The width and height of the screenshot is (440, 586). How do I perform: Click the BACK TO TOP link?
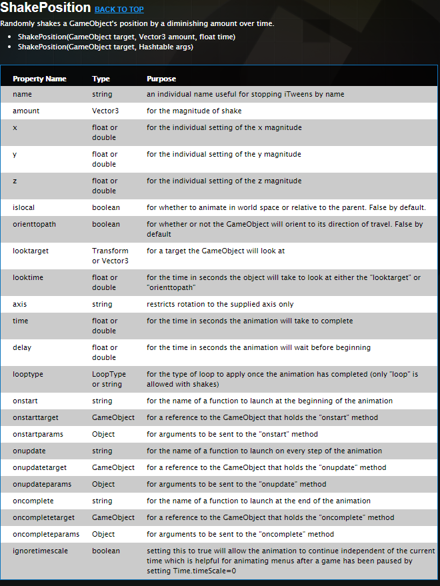tap(119, 10)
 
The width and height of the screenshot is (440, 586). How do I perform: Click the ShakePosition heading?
tap(45, 8)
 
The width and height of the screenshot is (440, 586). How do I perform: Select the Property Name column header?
tap(39, 79)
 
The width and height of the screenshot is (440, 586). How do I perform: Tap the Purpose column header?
tap(161, 79)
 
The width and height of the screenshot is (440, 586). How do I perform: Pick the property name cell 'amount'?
tap(26, 111)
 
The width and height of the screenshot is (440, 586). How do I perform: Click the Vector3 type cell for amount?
tap(105, 111)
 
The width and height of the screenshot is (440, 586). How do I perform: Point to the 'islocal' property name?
tap(24, 207)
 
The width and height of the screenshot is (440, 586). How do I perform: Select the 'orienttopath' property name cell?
tap(34, 224)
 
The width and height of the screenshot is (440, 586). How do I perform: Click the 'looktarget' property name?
tap(31, 251)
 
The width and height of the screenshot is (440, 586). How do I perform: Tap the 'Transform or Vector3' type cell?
tap(110, 255)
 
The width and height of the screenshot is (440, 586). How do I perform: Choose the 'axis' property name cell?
tap(20, 304)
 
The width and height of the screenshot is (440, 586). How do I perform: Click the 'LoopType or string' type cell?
tap(109, 379)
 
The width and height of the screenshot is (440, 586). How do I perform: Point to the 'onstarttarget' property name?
tap(35, 417)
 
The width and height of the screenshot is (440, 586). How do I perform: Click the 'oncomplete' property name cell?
tap(33, 501)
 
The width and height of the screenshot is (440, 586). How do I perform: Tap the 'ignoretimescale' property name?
tap(40, 551)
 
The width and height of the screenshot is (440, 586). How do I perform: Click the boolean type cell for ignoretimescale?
tap(106, 551)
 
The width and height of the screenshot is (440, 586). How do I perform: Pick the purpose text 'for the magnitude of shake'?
tap(194, 111)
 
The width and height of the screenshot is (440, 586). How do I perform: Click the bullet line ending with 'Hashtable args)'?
tap(105, 47)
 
